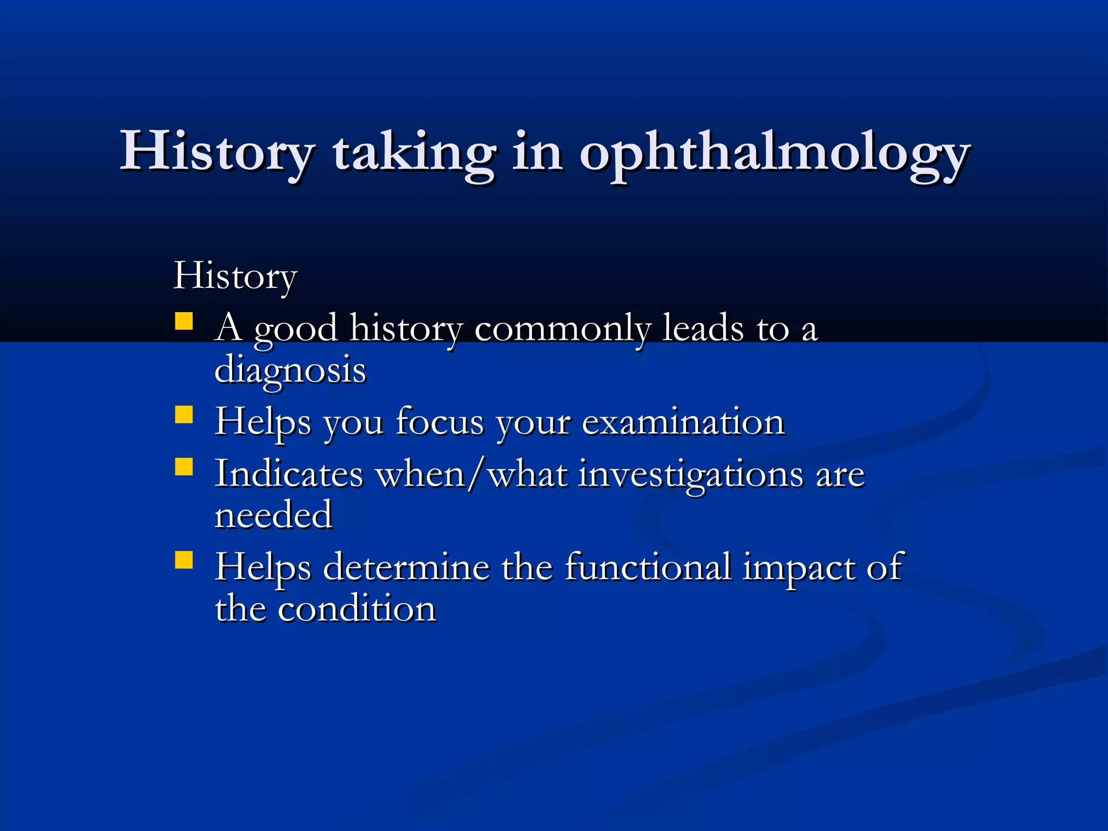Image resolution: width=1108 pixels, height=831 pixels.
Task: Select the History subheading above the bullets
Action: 235,276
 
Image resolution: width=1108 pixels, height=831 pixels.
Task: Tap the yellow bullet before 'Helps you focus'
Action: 184,415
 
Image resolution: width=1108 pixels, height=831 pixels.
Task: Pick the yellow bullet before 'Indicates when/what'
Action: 184,466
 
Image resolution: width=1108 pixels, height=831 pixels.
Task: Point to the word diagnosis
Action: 290,371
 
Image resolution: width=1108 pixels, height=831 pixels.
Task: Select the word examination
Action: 683,422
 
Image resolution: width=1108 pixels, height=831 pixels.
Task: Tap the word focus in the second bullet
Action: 439,422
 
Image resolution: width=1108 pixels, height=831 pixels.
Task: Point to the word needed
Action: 273,515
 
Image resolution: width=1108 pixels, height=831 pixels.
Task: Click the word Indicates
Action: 289,474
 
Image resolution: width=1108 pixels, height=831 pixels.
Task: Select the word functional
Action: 648,568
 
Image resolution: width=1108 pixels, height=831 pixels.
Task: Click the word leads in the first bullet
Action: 703,328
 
